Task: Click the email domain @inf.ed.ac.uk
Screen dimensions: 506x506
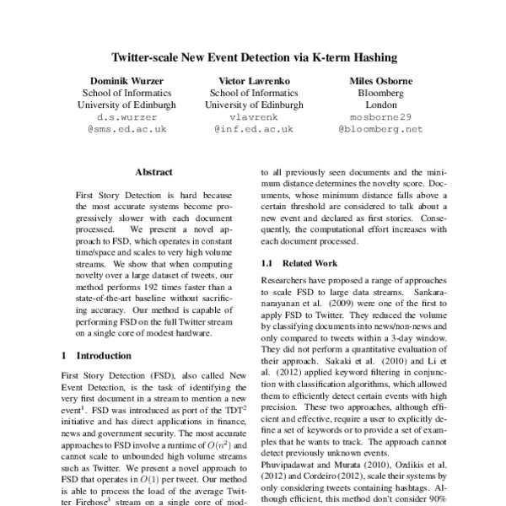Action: [253, 130]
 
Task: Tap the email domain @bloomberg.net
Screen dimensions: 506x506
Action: [380, 130]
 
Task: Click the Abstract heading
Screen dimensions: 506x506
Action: [153, 172]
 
